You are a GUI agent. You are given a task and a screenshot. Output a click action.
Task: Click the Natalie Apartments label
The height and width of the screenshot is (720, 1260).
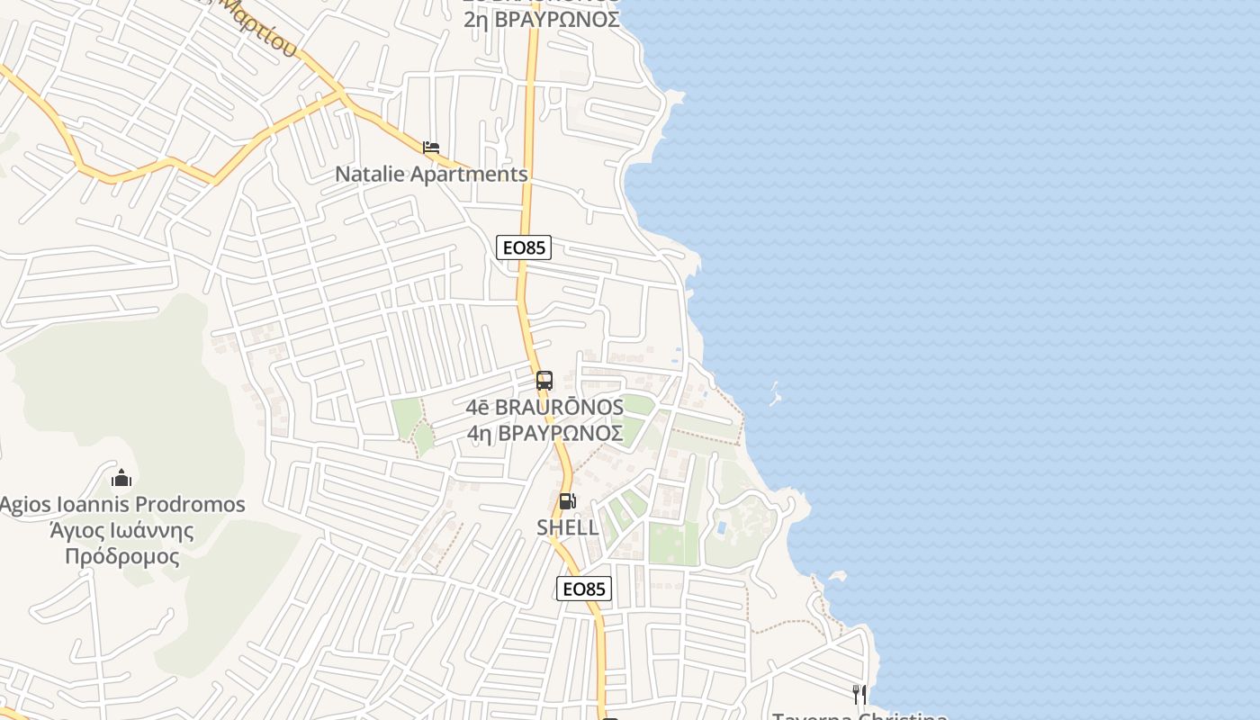(431, 174)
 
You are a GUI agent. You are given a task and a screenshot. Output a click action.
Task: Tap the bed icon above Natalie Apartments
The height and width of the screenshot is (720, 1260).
(431, 147)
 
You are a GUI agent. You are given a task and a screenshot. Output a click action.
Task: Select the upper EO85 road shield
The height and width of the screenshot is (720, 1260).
(523, 247)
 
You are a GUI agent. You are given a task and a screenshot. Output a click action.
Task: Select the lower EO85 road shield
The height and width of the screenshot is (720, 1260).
(584, 589)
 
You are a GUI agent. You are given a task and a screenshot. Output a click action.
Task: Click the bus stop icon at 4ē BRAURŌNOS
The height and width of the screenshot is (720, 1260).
(544, 380)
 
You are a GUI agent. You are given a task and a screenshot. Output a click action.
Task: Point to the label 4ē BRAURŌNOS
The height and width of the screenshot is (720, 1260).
(544, 407)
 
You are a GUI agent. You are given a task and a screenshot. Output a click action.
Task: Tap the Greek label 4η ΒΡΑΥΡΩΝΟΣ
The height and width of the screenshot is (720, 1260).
(544, 433)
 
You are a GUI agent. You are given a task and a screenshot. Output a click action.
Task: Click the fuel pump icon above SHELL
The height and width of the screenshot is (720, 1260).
(567, 501)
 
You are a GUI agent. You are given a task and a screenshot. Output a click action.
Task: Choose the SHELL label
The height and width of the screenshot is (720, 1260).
(568, 527)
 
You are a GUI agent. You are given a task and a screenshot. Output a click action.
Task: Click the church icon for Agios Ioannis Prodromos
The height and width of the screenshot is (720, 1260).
(121, 477)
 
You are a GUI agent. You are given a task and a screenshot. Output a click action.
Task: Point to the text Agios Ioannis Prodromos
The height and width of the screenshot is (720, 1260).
(121, 504)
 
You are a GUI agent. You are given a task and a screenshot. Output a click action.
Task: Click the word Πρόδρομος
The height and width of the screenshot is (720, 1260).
(121, 556)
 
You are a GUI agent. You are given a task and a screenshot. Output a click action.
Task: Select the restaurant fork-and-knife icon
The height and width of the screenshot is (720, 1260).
(859, 694)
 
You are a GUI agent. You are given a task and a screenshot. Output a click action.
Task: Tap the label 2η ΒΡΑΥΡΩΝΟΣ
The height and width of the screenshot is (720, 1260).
(542, 19)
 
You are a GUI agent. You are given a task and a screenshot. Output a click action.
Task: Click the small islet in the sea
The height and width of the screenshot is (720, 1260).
(774, 393)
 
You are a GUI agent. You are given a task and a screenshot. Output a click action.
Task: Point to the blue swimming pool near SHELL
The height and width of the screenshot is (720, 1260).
(721, 526)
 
